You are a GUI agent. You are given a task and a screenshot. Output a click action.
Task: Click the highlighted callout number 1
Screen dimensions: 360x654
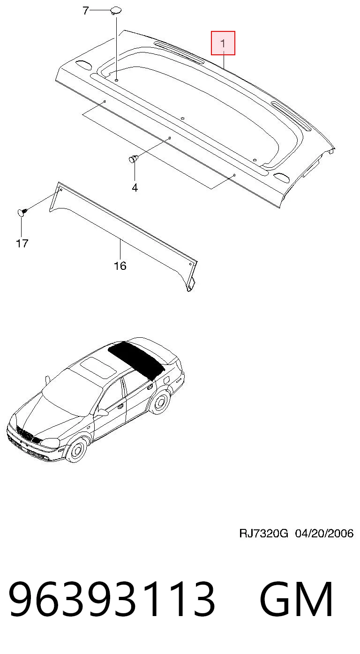coord(223,44)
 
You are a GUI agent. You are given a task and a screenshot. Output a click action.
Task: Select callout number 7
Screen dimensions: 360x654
coord(85,11)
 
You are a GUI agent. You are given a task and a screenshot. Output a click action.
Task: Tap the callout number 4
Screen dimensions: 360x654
coord(135,188)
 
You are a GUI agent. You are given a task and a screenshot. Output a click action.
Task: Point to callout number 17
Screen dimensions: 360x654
coord(22,243)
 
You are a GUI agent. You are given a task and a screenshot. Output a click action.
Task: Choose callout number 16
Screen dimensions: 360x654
coord(120,266)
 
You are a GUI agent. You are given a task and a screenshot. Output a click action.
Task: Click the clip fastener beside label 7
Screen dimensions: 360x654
coord(116,10)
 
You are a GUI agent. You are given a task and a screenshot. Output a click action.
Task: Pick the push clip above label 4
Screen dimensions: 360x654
coord(134,159)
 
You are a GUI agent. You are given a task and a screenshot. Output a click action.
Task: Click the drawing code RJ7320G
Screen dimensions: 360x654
coord(263,534)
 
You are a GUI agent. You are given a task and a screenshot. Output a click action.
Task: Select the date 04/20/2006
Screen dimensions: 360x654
coord(324,534)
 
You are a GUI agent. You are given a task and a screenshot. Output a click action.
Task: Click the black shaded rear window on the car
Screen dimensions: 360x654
coord(136,360)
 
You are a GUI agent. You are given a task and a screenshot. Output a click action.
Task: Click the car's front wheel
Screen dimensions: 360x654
coord(76,449)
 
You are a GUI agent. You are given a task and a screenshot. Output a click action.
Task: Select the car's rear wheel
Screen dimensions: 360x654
coord(159,402)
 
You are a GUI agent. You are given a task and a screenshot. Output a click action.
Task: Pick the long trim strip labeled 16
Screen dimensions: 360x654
coord(123,237)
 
